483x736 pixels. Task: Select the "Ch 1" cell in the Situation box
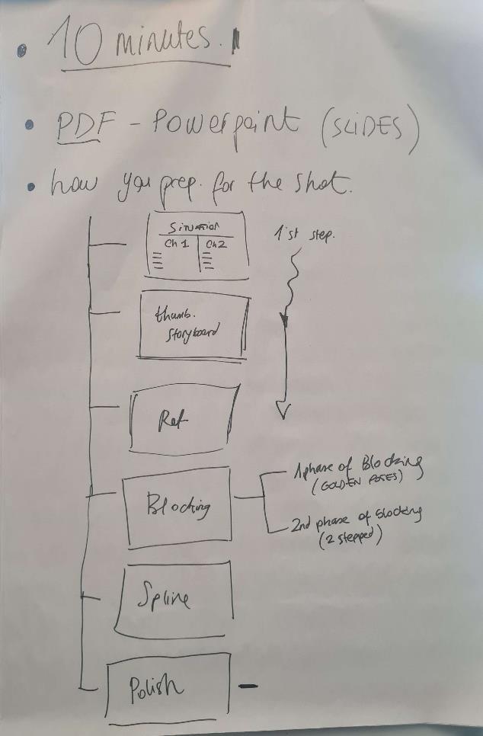pos(177,243)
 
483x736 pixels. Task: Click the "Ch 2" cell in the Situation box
pos(216,244)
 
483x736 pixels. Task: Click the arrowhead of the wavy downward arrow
pos(283,411)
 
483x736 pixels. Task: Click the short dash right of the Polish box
pos(248,686)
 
